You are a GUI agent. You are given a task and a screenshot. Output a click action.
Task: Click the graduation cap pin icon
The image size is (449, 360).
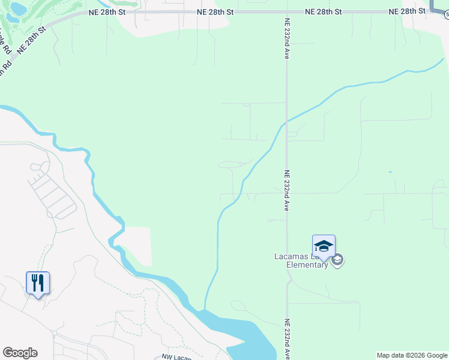324,247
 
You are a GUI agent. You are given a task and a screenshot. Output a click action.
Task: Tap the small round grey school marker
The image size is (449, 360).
337,260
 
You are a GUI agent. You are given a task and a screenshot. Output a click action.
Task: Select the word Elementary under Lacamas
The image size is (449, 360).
307,265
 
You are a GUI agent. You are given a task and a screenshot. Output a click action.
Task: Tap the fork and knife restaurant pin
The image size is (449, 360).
38,282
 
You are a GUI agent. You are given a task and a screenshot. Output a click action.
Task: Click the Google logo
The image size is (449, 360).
20,353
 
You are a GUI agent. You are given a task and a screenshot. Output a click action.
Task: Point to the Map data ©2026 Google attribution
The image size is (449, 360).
412,355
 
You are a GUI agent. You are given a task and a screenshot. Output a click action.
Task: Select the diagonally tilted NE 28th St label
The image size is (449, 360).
32,40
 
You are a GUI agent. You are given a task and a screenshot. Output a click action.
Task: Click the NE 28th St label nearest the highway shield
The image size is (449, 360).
406,12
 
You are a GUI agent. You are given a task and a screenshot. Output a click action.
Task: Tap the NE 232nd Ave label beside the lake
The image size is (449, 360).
287,338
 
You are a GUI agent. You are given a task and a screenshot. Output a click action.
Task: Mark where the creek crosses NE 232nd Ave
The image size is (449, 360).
286,122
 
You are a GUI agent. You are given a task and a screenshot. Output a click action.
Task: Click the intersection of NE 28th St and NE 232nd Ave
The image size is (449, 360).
286,12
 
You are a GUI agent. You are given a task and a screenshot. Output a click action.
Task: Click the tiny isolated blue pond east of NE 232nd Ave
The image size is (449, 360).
391,173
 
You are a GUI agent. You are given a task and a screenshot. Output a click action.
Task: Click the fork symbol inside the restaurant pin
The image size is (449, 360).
35,281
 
